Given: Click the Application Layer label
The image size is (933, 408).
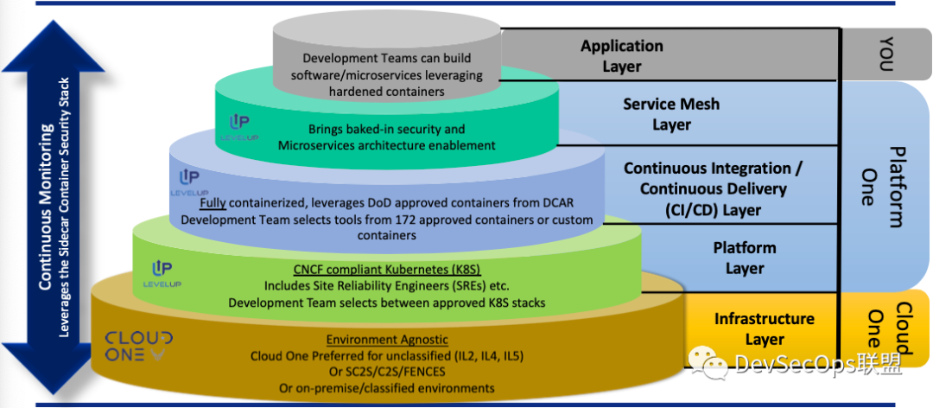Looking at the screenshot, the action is pyautogui.click(x=622, y=55).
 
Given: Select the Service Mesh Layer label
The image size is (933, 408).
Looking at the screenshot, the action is pyautogui.click(x=671, y=114).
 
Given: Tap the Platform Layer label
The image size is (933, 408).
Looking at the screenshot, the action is pyautogui.click(x=745, y=258).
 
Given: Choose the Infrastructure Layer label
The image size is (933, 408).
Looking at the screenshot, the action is pyautogui.click(x=765, y=328).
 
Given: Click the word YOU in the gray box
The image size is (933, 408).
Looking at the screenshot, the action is pyautogui.click(x=886, y=54).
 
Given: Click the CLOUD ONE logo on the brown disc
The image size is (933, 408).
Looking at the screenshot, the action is pyautogui.click(x=138, y=346).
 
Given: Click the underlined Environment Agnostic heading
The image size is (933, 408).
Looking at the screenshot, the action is pyautogui.click(x=387, y=340).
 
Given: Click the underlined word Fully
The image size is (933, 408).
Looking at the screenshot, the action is pyautogui.click(x=213, y=204).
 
